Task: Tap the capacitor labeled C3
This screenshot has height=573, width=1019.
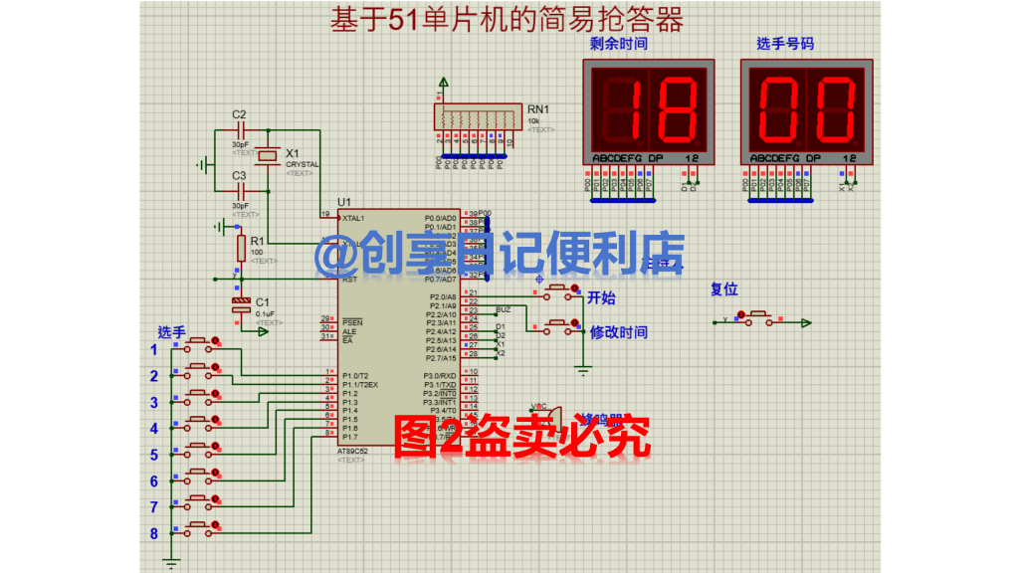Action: click(240, 190)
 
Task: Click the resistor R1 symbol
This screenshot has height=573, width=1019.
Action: click(240, 248)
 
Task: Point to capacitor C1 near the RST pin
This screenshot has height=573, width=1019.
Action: click(240, 306)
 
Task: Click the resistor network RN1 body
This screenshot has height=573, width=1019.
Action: click(476, 117)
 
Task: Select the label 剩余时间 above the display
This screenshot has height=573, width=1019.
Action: click(618, 44)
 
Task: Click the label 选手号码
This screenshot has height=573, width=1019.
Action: click(785, 44)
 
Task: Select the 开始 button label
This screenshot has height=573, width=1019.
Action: click(602, 296)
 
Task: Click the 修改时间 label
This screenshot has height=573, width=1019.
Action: click(618, 332)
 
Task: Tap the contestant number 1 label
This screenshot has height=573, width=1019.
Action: click(154, 349)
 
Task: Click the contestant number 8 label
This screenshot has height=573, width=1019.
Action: click(154, 533)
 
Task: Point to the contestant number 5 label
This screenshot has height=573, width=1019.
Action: click(154, 455)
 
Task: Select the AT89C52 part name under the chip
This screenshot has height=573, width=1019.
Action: click(354, 450)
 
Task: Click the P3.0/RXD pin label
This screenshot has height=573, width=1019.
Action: click(442, 375)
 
